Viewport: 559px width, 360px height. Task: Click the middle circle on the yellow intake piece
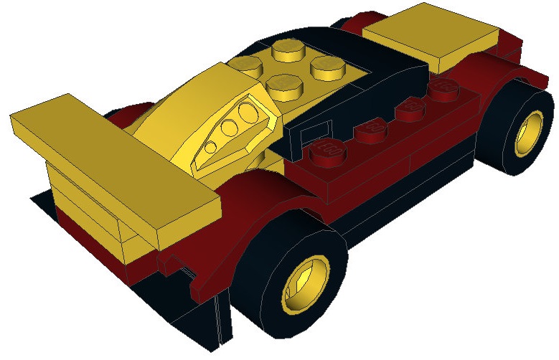click(x=229, y=130)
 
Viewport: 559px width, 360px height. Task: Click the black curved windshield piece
click(x=373, y=65)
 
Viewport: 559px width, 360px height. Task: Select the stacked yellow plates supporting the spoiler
click(x=79, y=190)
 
